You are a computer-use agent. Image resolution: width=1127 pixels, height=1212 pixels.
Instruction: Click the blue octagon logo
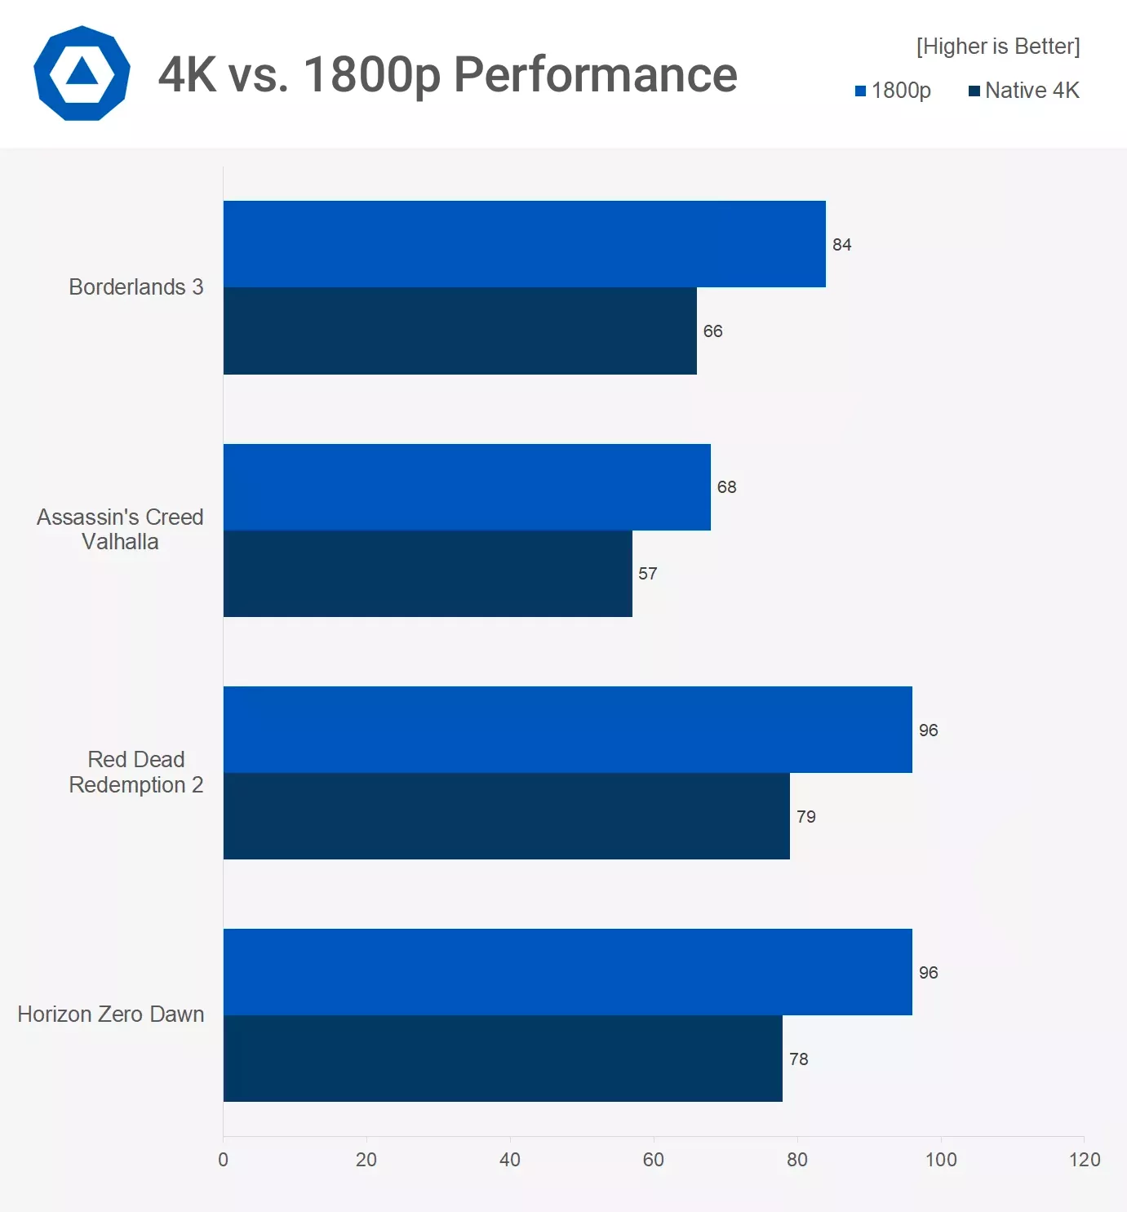click(x=82, y=74)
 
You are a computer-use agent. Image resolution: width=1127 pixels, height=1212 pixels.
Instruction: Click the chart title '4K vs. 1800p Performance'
click(x=447, y=75)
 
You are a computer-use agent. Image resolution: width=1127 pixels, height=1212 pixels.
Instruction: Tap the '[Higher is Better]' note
click(x=997, y=47)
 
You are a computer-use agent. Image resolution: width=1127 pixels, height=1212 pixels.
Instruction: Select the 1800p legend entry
click(x=893, y=91)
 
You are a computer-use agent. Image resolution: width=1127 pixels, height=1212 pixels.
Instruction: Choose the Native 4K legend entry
click(x=1023, y=91)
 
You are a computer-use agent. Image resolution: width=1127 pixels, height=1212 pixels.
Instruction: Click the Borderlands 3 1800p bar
click(x=524, y=244)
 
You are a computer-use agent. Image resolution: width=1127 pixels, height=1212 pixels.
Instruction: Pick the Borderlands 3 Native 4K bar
click(x=459, y=331)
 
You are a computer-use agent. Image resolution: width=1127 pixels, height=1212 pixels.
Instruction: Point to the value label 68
click(x=726, y=487)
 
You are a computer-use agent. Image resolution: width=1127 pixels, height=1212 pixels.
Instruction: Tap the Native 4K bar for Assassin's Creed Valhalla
click(x=428, y=574)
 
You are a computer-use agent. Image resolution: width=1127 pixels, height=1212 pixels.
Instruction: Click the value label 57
click(x=647, y=574)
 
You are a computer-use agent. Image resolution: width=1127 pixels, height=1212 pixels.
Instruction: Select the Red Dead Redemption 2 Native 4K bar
click(x=506, y=816)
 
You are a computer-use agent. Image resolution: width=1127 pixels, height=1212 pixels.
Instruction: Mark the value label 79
click(x=805, y=817)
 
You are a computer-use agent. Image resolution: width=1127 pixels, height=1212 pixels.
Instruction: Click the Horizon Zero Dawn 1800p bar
click(x=567, y=972)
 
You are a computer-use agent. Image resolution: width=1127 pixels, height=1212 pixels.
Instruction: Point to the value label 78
click(x=798, y=1059)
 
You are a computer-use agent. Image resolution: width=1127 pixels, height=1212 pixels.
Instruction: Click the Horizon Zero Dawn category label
click(x=111, y=1014)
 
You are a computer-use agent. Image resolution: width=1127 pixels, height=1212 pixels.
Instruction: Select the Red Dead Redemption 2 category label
click(x=135, y=772)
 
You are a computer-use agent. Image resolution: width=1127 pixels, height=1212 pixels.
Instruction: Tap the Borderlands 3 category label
click(x=135, y=287)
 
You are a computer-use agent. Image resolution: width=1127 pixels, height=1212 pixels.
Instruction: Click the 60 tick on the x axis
click(x=653, y=1160)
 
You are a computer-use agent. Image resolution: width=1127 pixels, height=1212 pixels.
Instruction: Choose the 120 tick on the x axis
click(x=1084, y=1160)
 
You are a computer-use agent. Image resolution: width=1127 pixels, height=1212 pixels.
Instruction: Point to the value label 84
click(x=841, y=245)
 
